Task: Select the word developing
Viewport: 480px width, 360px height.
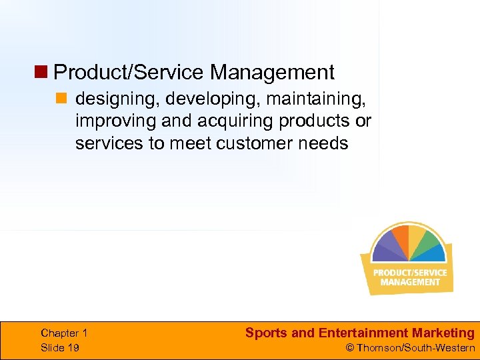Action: coord(211,99)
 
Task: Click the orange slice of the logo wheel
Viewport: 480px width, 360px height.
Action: coord(400,237)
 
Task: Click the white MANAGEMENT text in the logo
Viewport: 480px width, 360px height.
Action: coord(410,282)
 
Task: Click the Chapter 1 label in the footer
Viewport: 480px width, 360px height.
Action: coord(64,333)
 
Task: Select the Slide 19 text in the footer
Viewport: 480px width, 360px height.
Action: coord(60,347)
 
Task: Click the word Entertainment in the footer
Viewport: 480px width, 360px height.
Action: coord(353,333)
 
